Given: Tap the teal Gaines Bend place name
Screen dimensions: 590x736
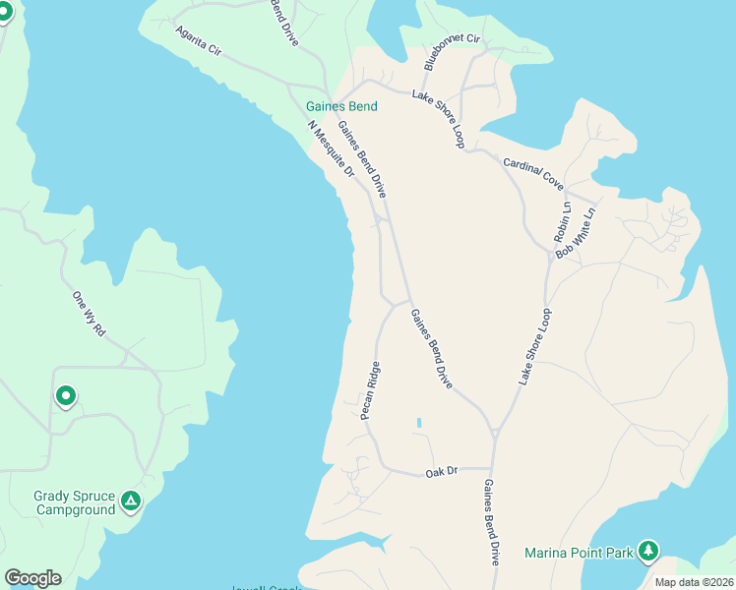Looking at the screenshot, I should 341,107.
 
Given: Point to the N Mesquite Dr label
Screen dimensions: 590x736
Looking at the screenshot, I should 330,148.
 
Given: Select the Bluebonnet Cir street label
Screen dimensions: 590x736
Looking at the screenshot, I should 452,51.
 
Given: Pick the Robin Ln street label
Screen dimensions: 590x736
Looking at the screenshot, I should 562,223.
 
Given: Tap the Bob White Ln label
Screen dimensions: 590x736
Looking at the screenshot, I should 577,233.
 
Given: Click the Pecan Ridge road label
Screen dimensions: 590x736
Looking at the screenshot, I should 370,390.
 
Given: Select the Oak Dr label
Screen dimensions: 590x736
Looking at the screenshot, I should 442,473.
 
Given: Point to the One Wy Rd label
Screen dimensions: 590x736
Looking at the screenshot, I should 89,314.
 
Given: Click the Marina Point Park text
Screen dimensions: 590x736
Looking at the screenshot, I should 579,553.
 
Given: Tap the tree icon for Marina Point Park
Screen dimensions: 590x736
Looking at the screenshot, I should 647,551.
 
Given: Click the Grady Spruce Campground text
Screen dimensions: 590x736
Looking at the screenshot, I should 74,502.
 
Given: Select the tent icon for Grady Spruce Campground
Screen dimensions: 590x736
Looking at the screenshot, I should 130,502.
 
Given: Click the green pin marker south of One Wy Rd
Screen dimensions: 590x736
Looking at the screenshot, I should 66,396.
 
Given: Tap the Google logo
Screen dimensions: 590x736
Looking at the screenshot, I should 32,578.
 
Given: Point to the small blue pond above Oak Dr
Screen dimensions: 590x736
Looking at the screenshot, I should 418,423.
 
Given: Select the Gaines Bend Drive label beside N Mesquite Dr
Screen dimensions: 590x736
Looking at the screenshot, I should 360,156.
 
